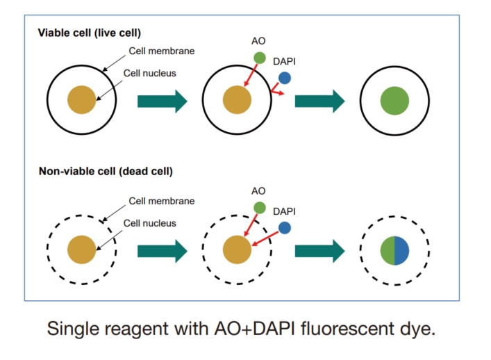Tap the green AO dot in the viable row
tap(259, 58)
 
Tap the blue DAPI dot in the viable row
tap(285, 79)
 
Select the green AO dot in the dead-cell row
tap(259, 208)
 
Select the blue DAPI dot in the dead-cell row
tap(285, 228)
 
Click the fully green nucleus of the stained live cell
tap(394, 101)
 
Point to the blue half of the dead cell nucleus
tap(402, 250)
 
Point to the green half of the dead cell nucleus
tap(387, 250)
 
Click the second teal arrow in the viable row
tap(319, 101)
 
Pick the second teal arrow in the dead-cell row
tap(319, 251)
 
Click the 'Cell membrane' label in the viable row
tap(162, 51)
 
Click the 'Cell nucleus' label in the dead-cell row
tap(150, 223)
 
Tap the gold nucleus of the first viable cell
tap(81, 101)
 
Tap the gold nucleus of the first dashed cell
tap(81, 250)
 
